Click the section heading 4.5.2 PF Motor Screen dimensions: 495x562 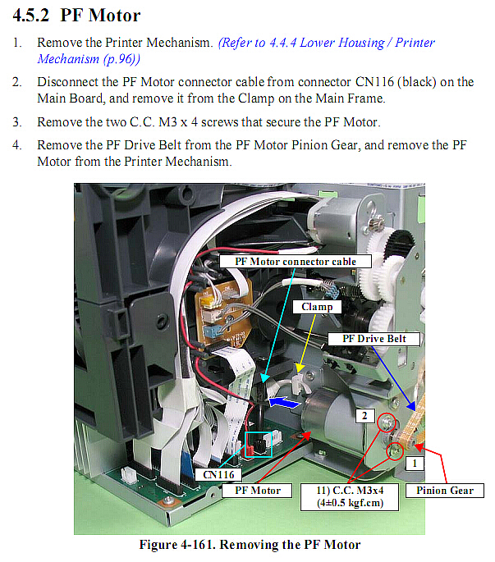click(76, 16)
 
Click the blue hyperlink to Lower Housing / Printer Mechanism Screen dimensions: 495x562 click(236, 51)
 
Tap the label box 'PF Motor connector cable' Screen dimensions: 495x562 click(296, 261)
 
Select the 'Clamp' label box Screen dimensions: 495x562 click(317, 307)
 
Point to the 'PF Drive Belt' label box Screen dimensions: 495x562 click(374, 339)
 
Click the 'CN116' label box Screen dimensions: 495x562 click(218, 474)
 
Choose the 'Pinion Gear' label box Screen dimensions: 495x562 click(444, 491)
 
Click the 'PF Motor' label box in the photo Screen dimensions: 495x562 click(257, 491)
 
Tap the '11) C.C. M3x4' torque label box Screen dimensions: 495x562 click(350, 496)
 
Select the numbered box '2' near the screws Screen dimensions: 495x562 click(364, 416)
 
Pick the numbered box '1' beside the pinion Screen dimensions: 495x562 click(415, 463)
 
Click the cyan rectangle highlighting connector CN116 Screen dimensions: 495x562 click(259, 445)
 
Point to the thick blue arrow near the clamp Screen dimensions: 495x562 click(285, 402)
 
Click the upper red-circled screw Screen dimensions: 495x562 click(387, 423)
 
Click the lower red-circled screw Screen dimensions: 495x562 click(396, 451)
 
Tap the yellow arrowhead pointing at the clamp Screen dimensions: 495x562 click(300, 368)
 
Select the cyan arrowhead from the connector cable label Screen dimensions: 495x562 click(264, 378)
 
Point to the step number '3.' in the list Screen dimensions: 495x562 click(17, 122)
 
